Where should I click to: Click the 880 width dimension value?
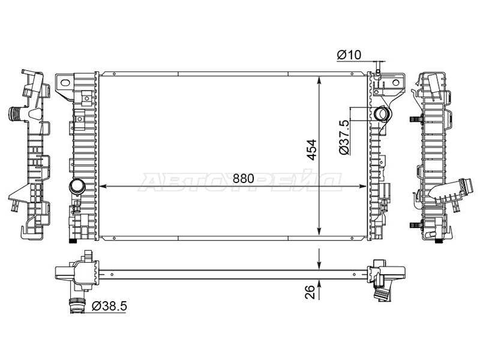[x=244, y=178]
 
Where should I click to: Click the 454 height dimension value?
[x=312, y=149]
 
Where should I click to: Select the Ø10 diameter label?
[x=349, y=55]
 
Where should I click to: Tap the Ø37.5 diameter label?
[x=344, y=137]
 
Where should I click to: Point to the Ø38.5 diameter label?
[x=109, y=306]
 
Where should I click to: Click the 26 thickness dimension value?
[x=310, y=292]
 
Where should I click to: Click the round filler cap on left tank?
[x=77, y=187]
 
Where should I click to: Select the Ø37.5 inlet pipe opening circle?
[x=382, y=114]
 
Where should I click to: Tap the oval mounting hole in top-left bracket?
[x=65, y=82]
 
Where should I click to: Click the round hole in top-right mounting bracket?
[x=395, y=82]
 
